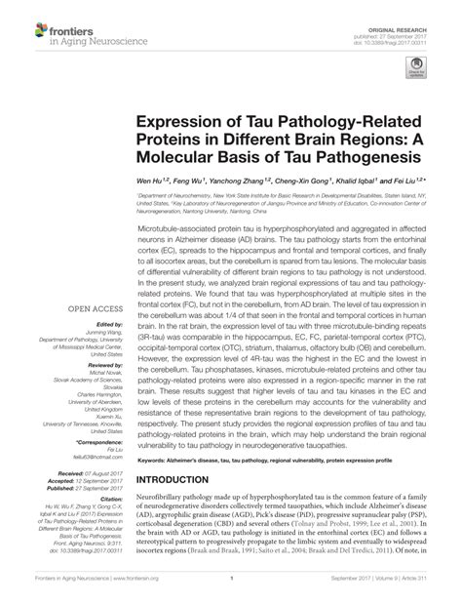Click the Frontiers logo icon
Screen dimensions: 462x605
coord(21,20)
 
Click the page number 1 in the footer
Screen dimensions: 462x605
coord(231,591)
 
